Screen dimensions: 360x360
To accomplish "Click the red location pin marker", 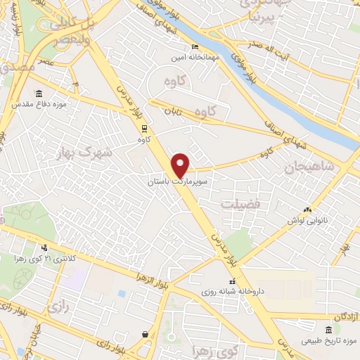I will tap(181, 165).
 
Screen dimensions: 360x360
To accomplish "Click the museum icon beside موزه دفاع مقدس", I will tap(38, 94).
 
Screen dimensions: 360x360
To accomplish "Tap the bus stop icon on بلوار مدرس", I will tap(144, 129).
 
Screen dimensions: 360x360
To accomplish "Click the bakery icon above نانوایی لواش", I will tap(307, 209).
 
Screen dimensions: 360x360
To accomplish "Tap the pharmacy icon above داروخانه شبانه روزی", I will tap(233, 281).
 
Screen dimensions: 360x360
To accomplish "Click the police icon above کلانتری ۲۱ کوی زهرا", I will tap(45, 247).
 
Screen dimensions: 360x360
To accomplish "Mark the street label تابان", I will tap(173, 111).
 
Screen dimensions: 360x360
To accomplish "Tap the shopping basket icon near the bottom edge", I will tap(145, 334).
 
